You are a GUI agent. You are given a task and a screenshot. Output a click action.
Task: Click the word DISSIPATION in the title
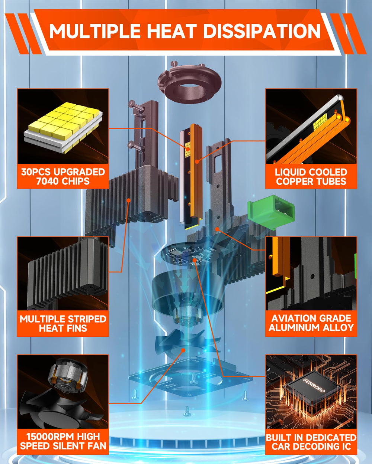262,31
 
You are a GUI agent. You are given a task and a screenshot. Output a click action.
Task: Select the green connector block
271,213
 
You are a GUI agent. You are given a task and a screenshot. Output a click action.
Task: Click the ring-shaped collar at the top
190,83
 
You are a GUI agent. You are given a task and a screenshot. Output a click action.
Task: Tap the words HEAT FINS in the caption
63,328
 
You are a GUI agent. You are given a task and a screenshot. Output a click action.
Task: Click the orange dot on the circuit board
195,260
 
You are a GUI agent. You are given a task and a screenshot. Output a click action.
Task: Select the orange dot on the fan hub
183,350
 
